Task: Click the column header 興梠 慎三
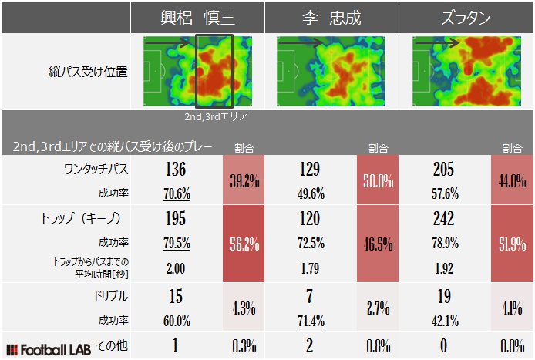(x=197, y=18)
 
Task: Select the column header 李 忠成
(x=332, y=18)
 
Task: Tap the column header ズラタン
(x=466, y=18)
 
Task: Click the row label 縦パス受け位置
(x=87, y=72)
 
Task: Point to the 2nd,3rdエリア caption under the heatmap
(x=216, y=118)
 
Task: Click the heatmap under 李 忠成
(x=333, y=72)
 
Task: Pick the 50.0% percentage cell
(x=379, y=181)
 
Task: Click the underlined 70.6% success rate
(x=177, y=193)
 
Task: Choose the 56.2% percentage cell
(x=244, y=244)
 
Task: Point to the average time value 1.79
(x=310, y=268)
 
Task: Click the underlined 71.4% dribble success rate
(x=310, y=321)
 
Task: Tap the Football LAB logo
(x=48, y=348)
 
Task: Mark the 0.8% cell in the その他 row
(x=379, y=346)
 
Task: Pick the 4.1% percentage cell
(x=512, y=308)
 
